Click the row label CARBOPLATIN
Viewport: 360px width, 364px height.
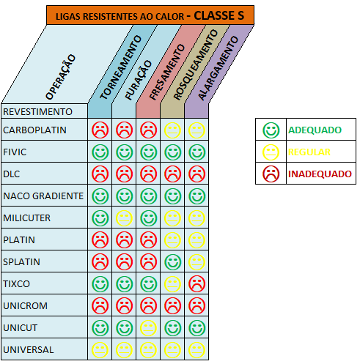[x=34, y=130]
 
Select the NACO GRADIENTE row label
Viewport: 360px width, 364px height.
[x=43, y=196]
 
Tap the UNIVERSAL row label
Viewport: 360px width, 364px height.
[x=29, y=350]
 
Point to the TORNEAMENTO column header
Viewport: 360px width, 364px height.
[x=121, y=67]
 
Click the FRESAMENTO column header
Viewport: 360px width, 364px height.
[x=167, y=72]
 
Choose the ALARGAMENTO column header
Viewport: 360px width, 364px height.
[x=218, y=68]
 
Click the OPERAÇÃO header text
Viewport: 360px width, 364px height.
[x=61, y=77]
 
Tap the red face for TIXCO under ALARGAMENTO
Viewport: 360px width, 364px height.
[x=196, y=283]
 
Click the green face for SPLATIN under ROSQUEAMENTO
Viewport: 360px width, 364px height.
[x=172, y=261]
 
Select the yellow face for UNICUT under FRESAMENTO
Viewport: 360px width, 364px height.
[x=148, y=327]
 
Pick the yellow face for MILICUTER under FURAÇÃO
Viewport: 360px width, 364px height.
[x=124, y=218]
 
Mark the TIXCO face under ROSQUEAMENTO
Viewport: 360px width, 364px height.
[x=172, y=283]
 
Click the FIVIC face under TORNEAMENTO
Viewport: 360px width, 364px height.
[x=100, y=152]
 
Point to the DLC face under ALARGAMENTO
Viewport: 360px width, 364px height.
[x=196, y=174]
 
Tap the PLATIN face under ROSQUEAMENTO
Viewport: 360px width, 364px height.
[x=172, y=239]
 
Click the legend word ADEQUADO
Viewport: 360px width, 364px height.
[x=315, y=130]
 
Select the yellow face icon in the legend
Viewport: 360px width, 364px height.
[x=271, y=152]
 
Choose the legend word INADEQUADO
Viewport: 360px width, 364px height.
[x=320, y=174]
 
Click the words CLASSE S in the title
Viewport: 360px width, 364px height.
[x=219, y=15]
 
